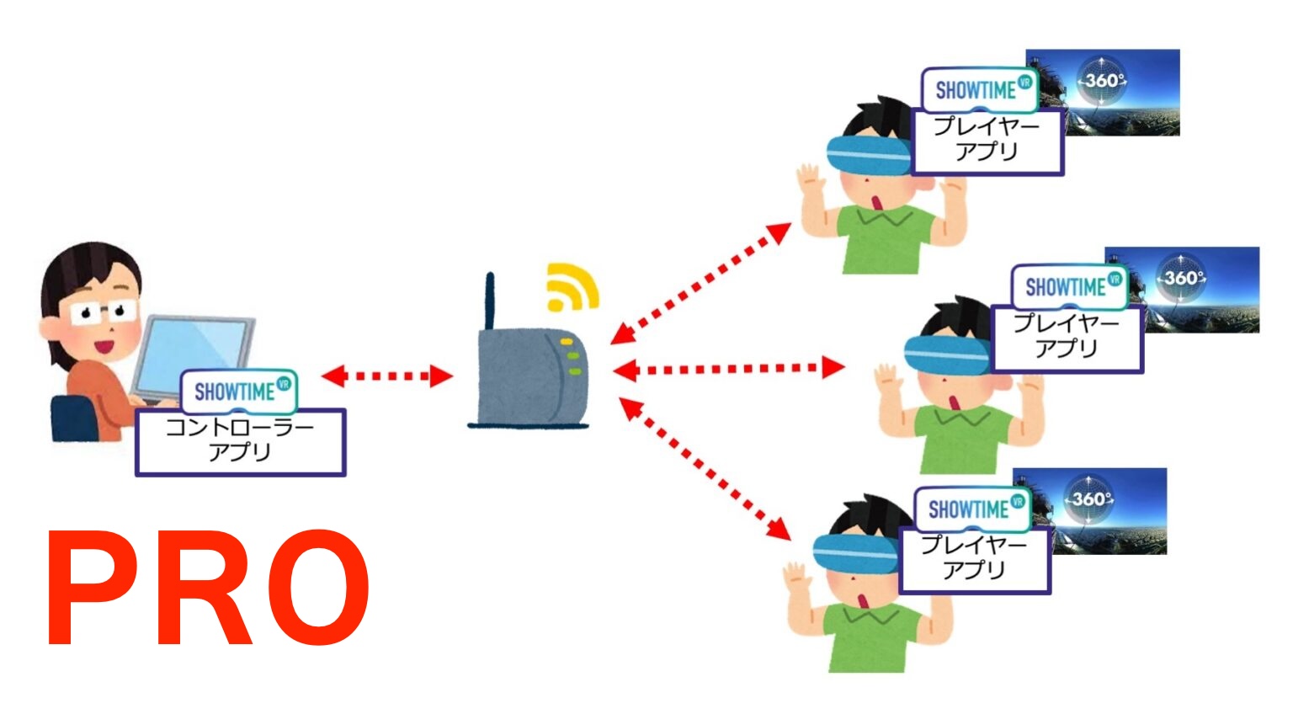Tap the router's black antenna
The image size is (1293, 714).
[x=490, y=303]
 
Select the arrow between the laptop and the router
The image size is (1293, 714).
[x=386, y=376]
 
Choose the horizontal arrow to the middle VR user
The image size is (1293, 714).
[x=728, y=368]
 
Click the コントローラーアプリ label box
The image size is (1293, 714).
[x=241, y=441]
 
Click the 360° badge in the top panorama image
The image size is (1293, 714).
[x=1104, y=81]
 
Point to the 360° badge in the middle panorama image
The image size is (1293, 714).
[x=1183, y=278]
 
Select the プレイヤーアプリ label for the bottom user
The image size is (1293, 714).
[x=974, y=558]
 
